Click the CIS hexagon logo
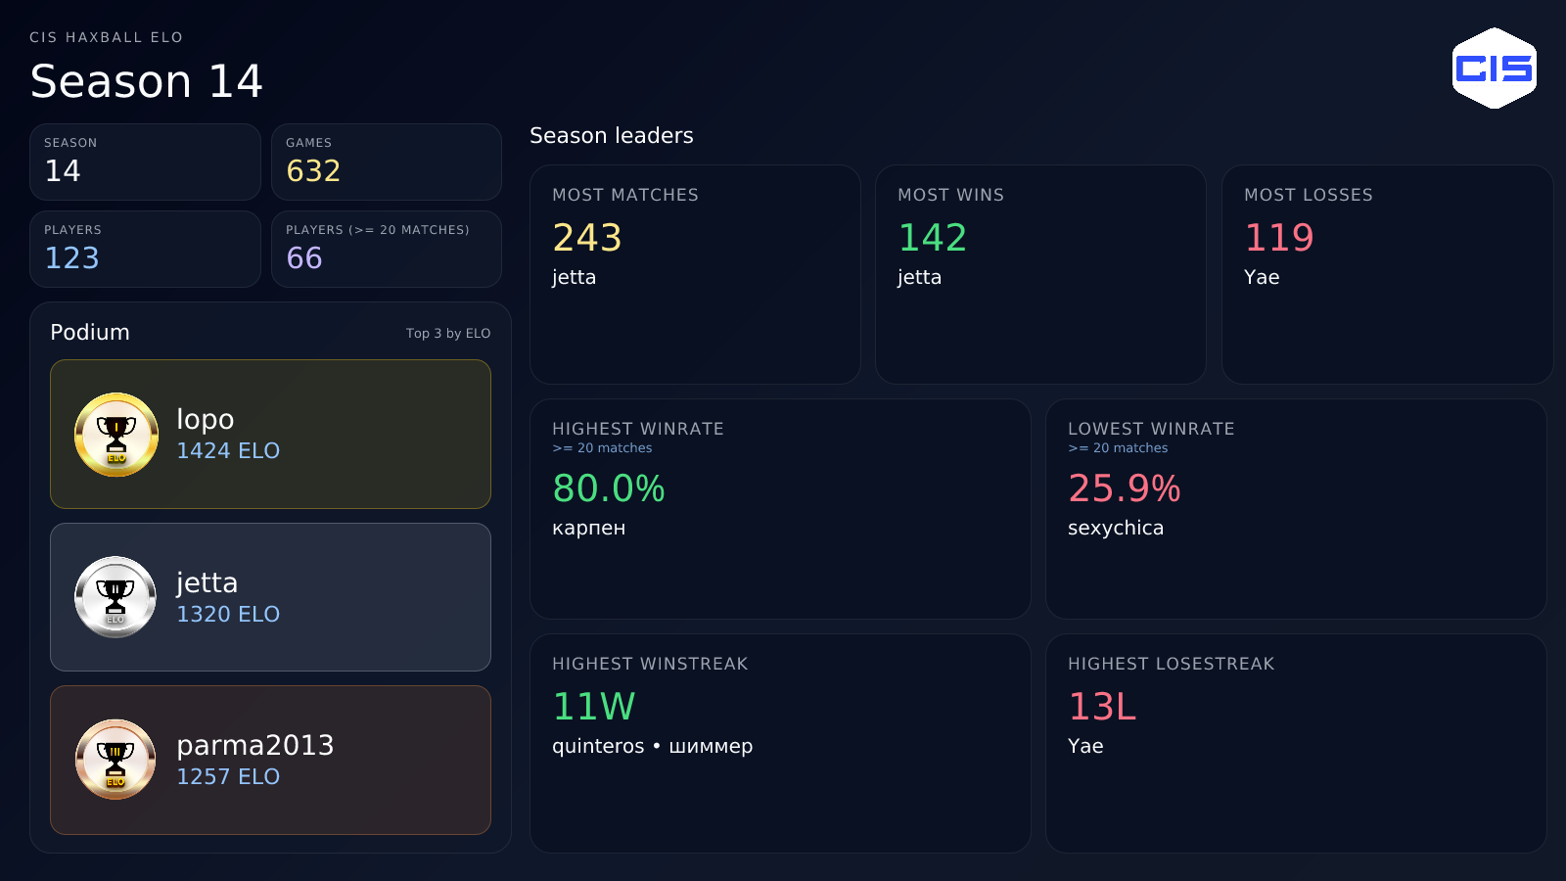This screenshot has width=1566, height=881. [x=1494, y=68]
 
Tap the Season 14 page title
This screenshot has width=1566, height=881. [x=147, y=81]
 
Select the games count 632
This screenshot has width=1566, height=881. [x=313, y=171]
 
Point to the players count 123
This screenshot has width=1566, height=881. [x=71, y=258]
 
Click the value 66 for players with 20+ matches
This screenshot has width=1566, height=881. [x=304, y=258]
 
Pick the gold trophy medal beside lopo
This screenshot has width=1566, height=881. [x=116, y=435]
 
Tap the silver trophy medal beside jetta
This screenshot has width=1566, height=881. [x=115, y=597]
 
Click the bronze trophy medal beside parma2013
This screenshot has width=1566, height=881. [x=115, y=760]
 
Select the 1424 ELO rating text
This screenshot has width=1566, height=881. [x=228, y=451]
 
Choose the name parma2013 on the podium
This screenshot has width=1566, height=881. [x=255, y=745]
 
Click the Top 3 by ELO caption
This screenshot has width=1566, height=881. [x=448, y=334]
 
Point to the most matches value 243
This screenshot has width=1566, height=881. [x=587, y=238]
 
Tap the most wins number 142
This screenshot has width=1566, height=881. [x=933, y=238]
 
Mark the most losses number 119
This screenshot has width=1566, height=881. [x=1279, y=238]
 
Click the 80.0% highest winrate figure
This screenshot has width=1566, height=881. [x=609, y=488]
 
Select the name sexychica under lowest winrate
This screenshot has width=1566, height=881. [x=1116, y=529]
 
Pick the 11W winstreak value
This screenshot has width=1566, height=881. [x=594, y=707]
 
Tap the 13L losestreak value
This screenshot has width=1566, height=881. [x=1102, y=707]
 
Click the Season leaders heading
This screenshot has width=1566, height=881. [x=612, y=136]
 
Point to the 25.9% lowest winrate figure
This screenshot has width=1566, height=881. [x=1125, y=488]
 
